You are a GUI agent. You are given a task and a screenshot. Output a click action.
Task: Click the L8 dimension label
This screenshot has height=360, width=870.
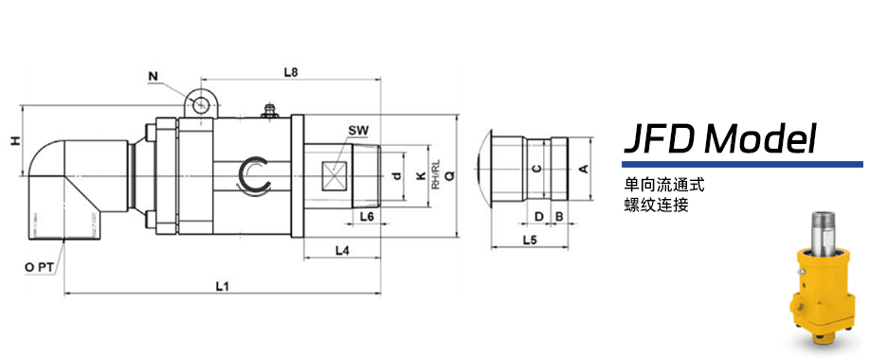tap(291, 72)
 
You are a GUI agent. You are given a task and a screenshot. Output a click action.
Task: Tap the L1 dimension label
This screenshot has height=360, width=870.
tap(223, 286)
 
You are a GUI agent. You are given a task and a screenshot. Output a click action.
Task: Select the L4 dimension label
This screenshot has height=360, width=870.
tap(342, 251)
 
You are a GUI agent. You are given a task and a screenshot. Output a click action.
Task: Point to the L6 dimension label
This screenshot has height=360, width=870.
tap(367, 217)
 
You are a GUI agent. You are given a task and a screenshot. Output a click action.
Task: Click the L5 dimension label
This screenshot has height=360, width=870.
tap(530, 241)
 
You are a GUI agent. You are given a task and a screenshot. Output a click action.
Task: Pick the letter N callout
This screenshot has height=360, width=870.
tap(154, 77)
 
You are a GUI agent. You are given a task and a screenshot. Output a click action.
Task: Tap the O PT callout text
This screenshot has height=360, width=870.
tap(39, 267)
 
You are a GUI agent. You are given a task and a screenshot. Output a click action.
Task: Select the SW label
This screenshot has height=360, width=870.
tap(358, 131)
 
